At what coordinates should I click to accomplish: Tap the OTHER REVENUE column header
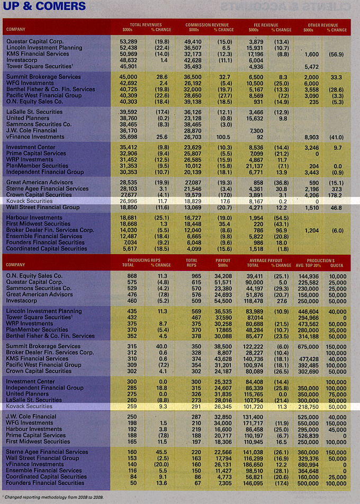323,24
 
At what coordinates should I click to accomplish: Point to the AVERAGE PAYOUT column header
265,260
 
